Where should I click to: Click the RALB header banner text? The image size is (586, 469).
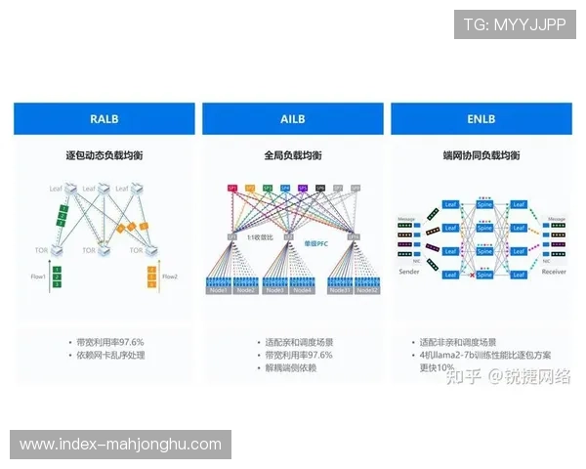tap(104, 119)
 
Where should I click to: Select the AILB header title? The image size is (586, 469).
tap(292, 119)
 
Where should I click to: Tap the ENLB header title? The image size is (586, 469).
tap(481, 119)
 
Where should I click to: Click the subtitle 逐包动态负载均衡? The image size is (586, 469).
tap(104, 155)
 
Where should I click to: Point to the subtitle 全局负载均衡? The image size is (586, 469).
tap(292, 155)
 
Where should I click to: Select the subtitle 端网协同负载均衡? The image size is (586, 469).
tap(481, 155)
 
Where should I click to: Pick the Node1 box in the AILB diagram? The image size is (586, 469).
tap(219, 290)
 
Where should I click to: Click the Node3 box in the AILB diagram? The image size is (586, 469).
tap(274, 290)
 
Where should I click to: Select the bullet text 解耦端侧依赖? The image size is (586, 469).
tap(296, 368)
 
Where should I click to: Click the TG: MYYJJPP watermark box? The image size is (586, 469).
tap(515, 23)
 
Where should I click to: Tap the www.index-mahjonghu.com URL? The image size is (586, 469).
tap(121, 445)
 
